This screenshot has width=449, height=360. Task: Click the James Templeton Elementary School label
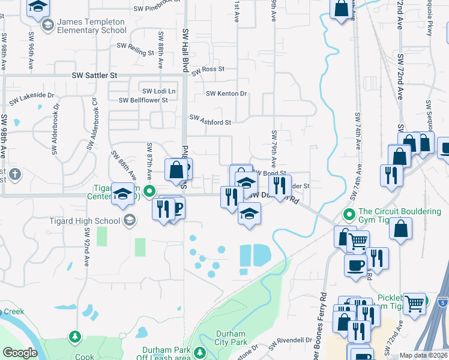tap(91, 26)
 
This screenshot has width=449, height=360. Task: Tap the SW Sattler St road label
tap(94, 76)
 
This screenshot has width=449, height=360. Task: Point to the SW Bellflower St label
tap(143, 100)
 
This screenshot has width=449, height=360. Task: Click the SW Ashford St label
tap(211, 122)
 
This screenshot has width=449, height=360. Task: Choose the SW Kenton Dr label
tap(226, 94)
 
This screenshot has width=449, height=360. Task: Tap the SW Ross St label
tap(208, 70)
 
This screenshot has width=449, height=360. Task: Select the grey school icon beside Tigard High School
tap(128, 220)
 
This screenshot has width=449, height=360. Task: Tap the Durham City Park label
tap(230, 338)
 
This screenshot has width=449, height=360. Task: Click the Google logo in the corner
tap(20, 353)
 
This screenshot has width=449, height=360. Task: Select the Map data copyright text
tap(424, 355)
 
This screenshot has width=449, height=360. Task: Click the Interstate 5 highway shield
tap(442, 302)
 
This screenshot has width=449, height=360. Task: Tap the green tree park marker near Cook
tap(75, 337)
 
